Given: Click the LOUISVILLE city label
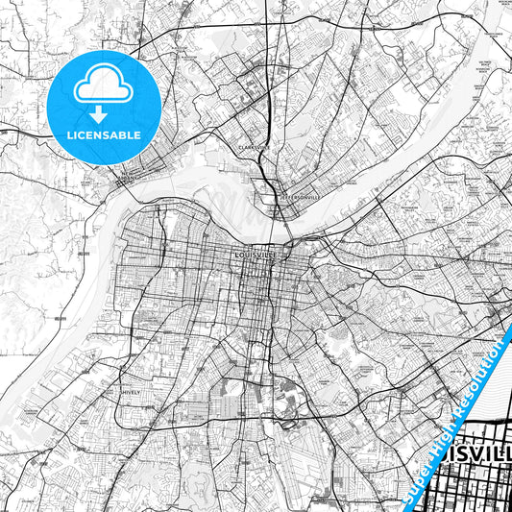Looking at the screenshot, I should pyautogui.click(x=256, y=256).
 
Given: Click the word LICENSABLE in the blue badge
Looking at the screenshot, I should pyautogui.click(x=104, y=135).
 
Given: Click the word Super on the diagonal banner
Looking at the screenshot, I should pyautogui.click(x=421, y=475).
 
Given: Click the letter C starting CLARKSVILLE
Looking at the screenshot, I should pyautogui.click(x=239, y=148).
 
